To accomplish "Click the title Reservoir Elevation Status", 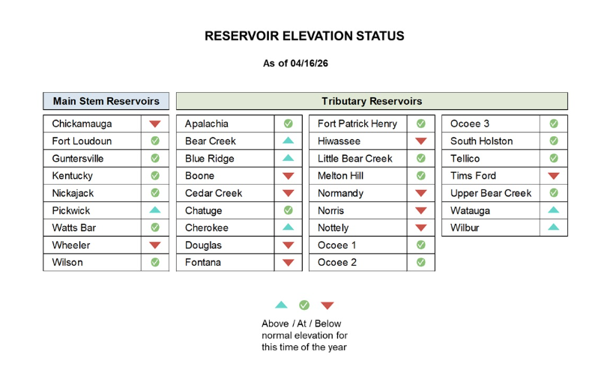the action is pos(304,36).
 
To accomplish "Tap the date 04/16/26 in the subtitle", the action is pos(309,64).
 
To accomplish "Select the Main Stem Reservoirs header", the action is pos(106,101).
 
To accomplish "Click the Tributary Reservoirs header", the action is pos(372,101).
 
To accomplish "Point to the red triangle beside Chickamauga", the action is pos(155,124).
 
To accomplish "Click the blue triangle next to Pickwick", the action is pos(155,210).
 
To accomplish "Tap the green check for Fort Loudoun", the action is pos(155,141).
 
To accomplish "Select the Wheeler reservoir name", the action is pos(71,245).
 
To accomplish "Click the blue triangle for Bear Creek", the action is pos(289,140).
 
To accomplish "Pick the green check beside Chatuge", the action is pos(289,210).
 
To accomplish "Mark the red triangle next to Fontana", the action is pos(289,263).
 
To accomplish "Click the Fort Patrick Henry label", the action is pos(357,124).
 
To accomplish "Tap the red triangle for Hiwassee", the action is pos(421,141).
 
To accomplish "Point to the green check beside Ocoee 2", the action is pos(421,262).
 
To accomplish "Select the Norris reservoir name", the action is pos(330,210).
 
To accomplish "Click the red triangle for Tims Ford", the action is pos(554,176).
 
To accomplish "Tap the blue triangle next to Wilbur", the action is pos(554,227).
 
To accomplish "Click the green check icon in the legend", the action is pos(304,305).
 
